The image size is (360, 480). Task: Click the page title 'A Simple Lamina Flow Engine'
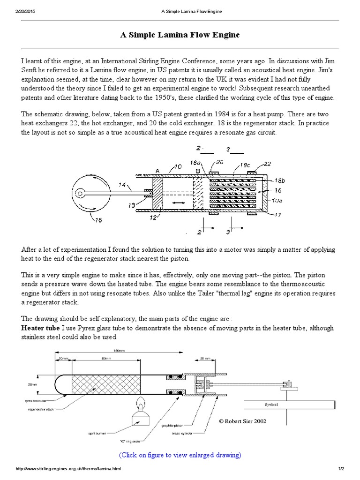pos(180,36)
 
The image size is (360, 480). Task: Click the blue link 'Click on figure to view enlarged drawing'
pos(180,455)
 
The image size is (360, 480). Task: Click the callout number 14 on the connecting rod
pos(123,185)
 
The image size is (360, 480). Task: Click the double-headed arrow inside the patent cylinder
pos(177,202)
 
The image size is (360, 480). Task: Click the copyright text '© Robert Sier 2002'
pos(242,421)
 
